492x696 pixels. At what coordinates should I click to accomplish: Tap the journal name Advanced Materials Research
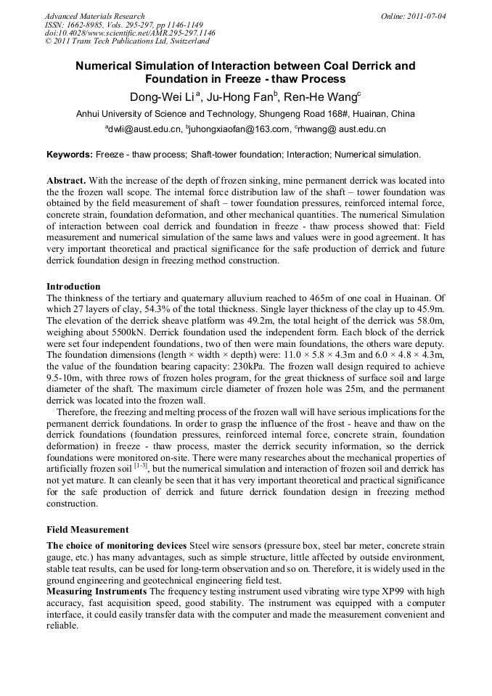[95, 15]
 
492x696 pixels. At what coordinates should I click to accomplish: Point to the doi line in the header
[130, 33]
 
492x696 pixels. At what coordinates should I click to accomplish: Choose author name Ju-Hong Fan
[249, 97]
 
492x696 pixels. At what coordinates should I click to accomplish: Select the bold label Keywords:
[70, 155]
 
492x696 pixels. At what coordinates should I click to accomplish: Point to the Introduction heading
[73, 287]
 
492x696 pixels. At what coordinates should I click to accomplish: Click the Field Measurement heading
[87, 530]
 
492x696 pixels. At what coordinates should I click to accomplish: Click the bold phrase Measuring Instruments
[97, 592]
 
